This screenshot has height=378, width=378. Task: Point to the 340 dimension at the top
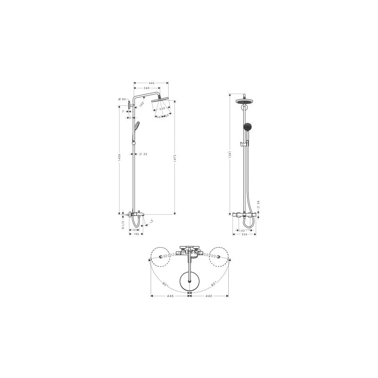coord(147,88)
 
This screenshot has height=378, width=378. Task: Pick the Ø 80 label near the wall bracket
coord(122,99)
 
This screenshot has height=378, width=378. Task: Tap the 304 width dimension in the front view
coord(244,234)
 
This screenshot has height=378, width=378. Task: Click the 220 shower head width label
coord(162,109)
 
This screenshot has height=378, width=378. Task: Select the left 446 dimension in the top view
coord(170,296)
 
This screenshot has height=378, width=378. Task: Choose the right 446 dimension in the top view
coord(208,296)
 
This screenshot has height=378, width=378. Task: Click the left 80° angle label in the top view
coord(164,284)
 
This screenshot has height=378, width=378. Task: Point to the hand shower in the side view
coord(136,126)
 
